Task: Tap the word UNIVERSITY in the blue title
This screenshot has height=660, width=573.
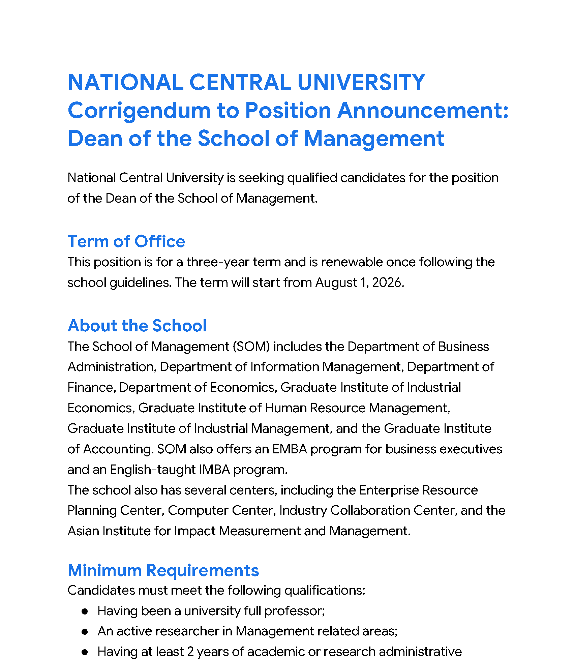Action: coord(361,83)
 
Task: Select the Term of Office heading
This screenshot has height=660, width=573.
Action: coord(126,242)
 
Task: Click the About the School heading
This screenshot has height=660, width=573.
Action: coord(137,326)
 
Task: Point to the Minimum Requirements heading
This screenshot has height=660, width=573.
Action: coord(163,570)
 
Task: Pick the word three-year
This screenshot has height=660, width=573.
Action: coord(218,262)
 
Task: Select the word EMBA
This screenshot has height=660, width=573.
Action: coord(290,449)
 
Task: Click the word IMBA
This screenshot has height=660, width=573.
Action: coord(215,470)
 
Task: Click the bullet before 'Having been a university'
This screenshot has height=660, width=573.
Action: coord(85,611)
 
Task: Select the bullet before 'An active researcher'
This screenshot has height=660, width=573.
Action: coord(85,632)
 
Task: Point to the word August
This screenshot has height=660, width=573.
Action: coord(336,282)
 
